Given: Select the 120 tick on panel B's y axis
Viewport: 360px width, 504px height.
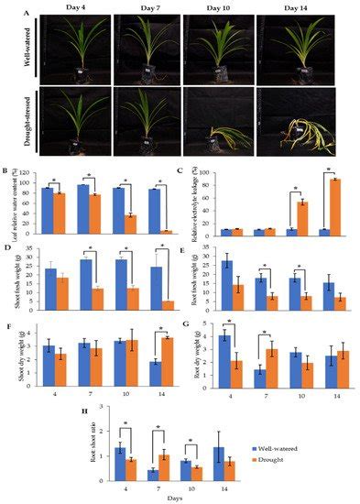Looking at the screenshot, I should [x=36, y=172].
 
